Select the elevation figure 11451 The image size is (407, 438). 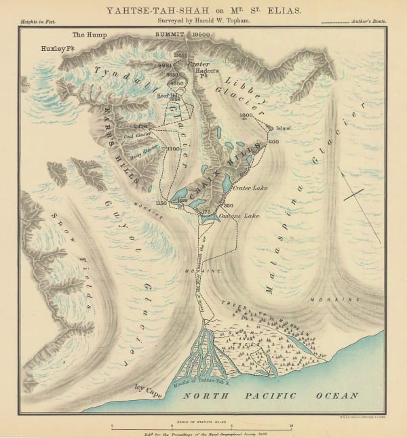(x=180, y=54)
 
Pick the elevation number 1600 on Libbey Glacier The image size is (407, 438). (x=246, y=115)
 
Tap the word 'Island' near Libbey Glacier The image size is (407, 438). (x=283, y=127)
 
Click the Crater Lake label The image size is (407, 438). (x=247, y=187)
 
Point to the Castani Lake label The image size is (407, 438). (x=239, y=216)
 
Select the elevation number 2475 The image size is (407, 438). (x=141, y=126)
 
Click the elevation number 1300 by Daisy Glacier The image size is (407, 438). (x=173, y=148)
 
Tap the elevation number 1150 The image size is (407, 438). (x=161, y=203)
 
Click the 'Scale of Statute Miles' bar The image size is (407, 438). (x=201, y=425)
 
